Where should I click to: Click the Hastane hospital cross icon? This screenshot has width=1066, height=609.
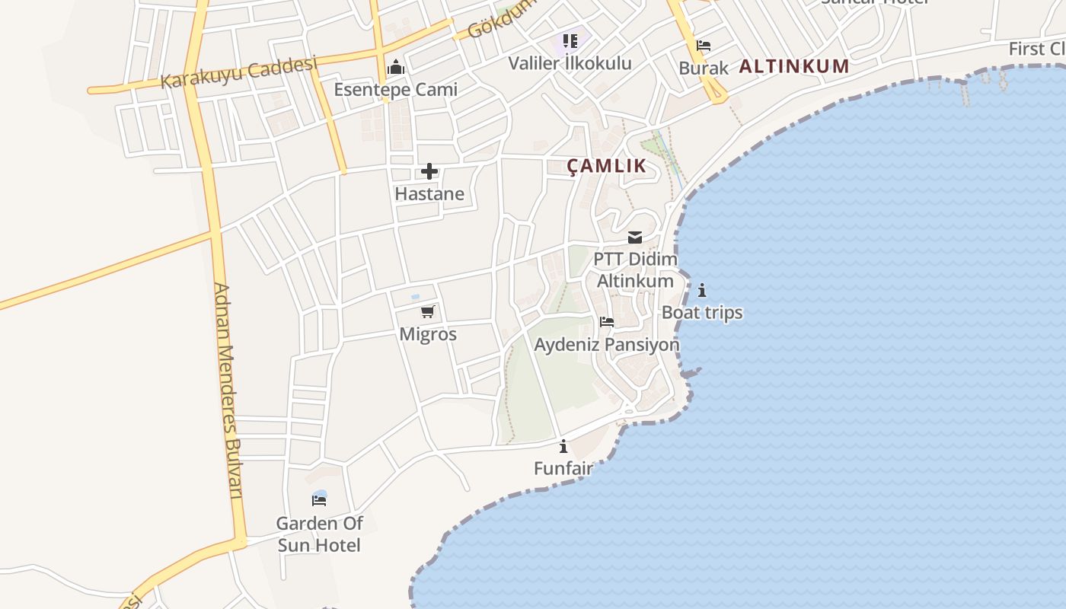(429, 171)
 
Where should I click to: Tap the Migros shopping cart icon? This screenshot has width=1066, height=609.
(428, 311)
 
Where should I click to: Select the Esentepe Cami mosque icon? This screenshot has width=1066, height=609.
(395, 67)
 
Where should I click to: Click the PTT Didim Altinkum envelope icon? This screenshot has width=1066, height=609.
(635, 238)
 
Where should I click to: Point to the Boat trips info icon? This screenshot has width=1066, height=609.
(702, 290)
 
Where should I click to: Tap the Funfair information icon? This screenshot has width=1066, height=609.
(563, 446)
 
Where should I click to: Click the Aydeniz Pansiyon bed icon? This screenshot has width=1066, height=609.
(607, 322)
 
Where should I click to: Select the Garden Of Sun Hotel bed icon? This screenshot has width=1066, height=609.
(319, 500)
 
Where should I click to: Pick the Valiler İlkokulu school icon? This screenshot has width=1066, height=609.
(570, 40)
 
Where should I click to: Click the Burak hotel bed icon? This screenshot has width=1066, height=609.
(704, 46)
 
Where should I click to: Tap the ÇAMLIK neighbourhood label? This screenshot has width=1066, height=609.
(607, 166)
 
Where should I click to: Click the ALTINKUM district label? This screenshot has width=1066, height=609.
(794, 66)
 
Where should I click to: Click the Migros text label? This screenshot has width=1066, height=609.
(428, 334)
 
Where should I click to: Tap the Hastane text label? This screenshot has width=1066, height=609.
(429, 194)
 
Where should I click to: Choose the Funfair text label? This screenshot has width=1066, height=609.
(563, 468)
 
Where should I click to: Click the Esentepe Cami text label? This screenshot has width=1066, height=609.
(396, 90)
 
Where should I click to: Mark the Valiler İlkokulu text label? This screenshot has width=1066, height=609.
(570, 63)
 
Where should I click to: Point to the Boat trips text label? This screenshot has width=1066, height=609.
(702, 313)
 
